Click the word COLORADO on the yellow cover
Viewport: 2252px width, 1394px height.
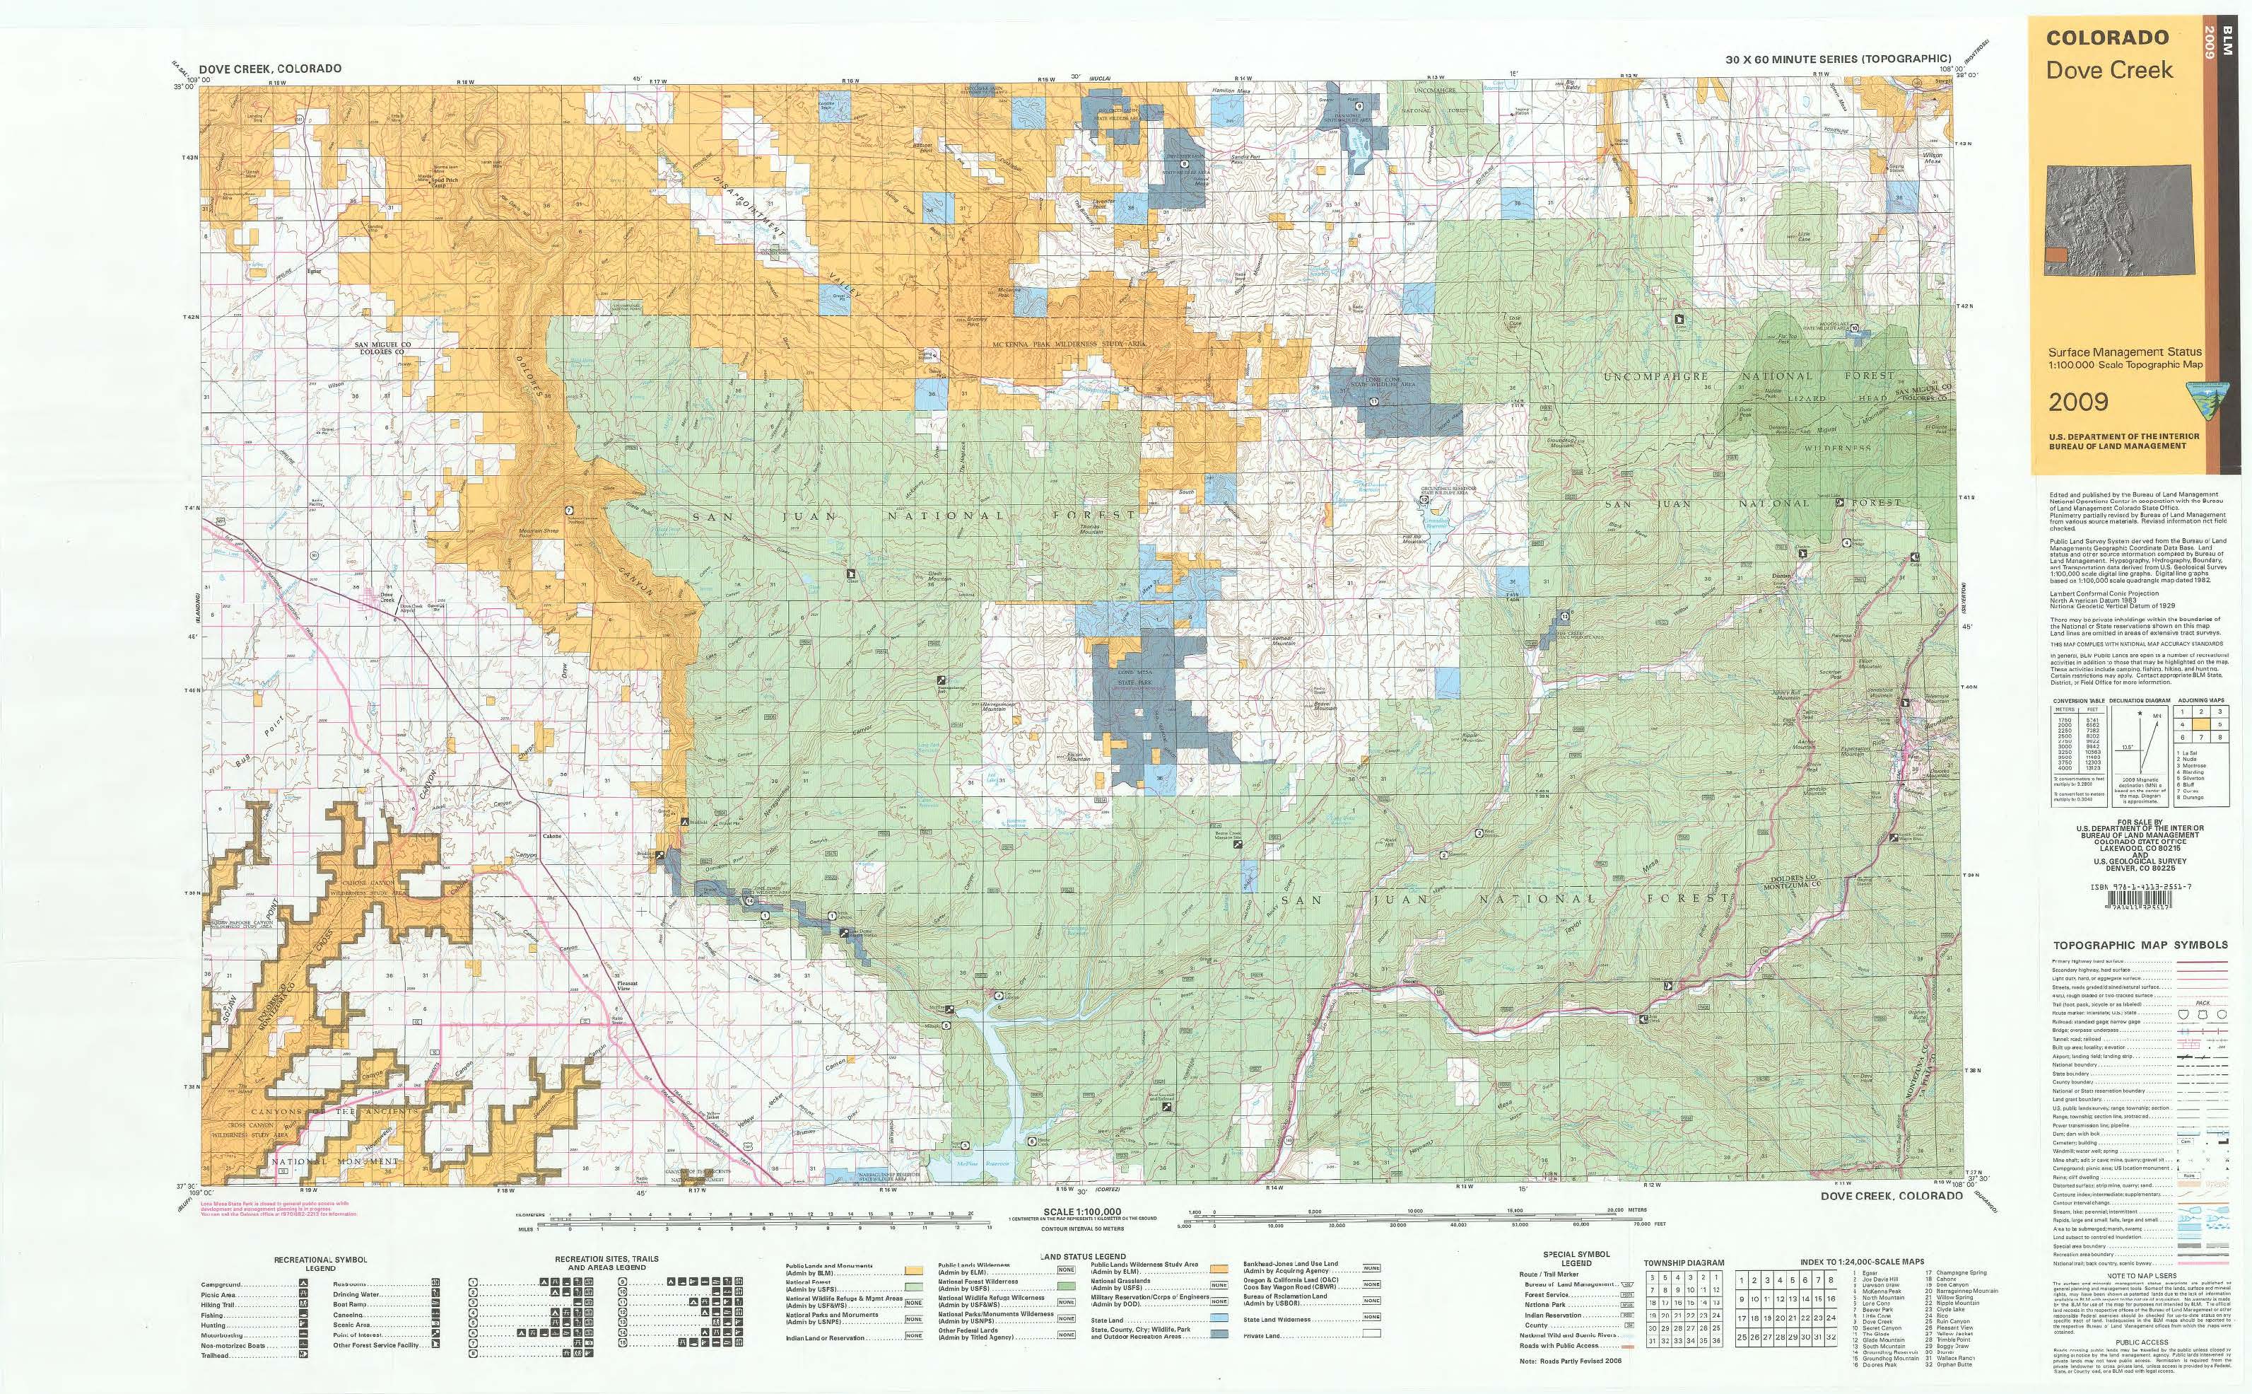[x=2107, y=37]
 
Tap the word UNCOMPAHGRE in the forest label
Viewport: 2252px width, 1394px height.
[x=1655, y=376]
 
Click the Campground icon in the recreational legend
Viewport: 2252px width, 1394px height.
[x=303, y=1284]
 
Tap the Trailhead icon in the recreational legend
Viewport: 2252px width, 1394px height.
[x=303, y=1354]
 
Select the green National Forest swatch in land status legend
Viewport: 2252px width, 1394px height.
[x=914, y=1285]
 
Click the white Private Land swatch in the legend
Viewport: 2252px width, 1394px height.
[x=1371, y=1334]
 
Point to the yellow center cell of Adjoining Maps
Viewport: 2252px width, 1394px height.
[x=2200, y=726]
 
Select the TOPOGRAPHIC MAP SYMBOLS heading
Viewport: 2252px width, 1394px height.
[x=2140, y=945]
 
